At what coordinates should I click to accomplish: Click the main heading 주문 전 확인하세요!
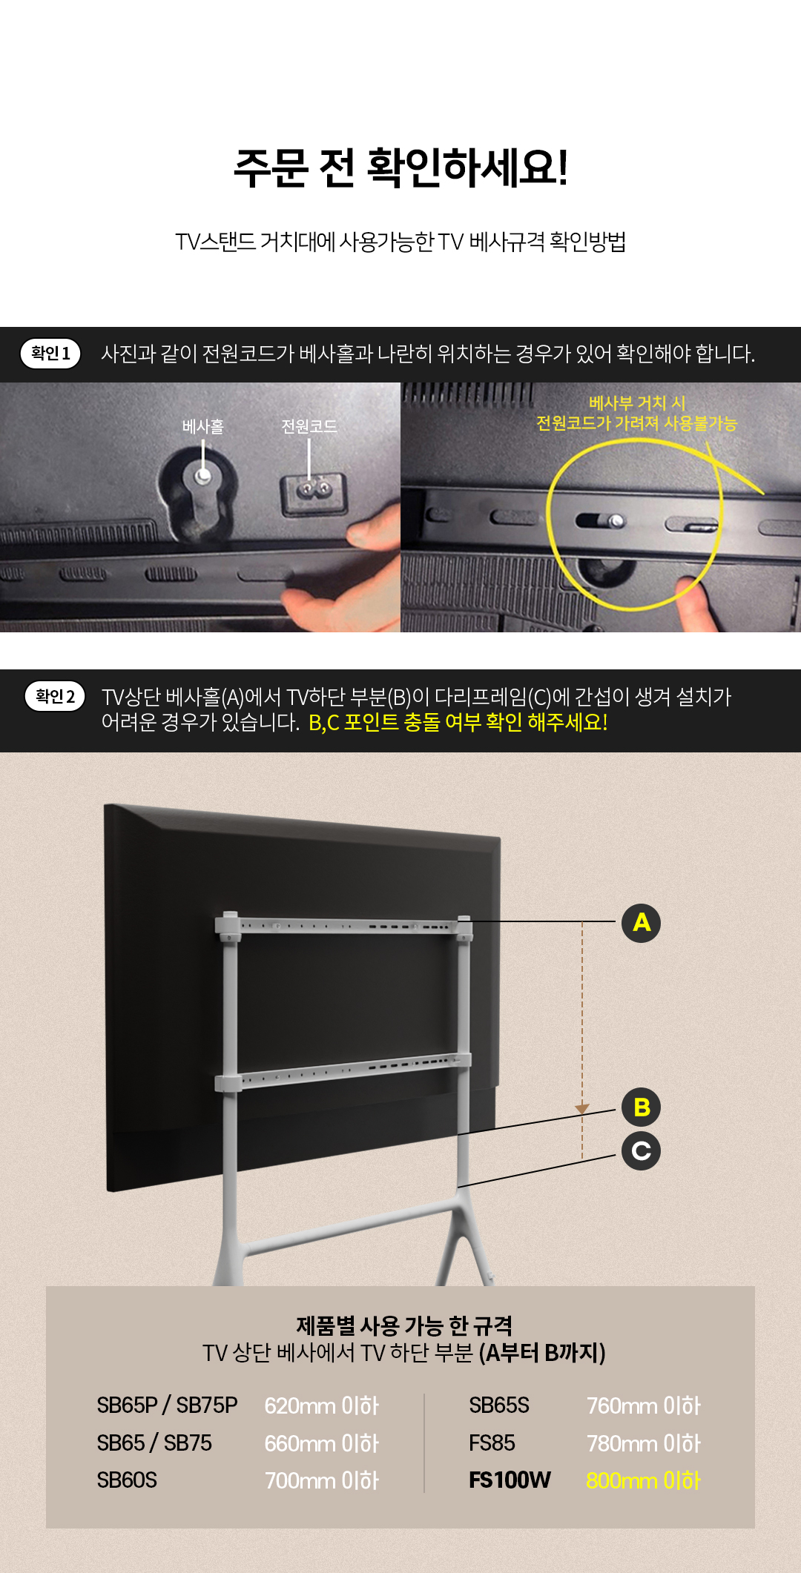coord(400,168)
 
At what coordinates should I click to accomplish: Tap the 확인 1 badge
coord(50,354)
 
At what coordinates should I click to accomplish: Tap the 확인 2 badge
coord(55,696)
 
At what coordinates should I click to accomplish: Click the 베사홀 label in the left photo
coord(203,426)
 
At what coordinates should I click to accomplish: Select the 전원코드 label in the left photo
coord(309,426)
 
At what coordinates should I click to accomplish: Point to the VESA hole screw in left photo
coord(202,475)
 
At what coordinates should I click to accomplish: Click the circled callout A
coord(641,923)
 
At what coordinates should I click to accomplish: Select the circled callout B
coord(641,1107)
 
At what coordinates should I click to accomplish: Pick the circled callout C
coord(641,1150)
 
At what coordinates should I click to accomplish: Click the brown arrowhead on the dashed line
coord(582,1109)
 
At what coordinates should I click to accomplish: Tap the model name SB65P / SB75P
coord(167,1405)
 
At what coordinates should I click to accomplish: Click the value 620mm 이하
coord(322,1405)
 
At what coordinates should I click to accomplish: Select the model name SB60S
coord(127,1480)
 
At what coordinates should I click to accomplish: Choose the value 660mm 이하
coord(322,1443)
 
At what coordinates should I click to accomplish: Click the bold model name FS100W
coord(510,1480)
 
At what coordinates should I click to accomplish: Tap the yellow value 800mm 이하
coord(644,1480)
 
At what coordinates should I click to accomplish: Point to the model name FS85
coord(492,1443)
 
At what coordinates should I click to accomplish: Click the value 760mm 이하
coord(644,1405)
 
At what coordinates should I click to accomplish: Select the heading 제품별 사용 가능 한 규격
coord(404,1325)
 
